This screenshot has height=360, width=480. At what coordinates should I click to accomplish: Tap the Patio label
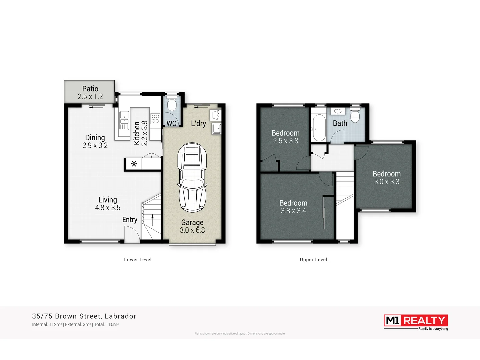pyautogui.click(x=90, y=89)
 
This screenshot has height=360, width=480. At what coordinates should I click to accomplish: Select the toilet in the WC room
pyautogui.click(x=172, y=105)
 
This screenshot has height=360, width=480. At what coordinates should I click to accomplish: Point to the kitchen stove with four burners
pyautogui.click(x=155, y=119)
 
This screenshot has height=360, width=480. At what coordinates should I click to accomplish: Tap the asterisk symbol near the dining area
pyautogui.click(x=134, y=164)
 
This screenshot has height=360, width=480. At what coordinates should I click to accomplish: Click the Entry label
pyautogui.click(x=130, y=220)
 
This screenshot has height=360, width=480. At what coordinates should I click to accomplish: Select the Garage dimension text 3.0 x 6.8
pyautogui.click(x=192, y=230)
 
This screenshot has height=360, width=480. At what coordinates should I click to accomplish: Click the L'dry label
pyautogui.click(x=198, y=123)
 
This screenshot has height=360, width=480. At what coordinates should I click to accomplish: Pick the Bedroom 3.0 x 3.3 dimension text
pyautogui.click(x=386, y=182)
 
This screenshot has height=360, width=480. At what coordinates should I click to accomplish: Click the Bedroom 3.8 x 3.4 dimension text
pyautogui.click(x=293, y=211)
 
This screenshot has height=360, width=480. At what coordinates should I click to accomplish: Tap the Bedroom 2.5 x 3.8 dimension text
pyautogui.click(x=285, y=141)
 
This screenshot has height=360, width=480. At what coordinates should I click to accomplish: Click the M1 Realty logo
pyautogui.click(x=416, y=321)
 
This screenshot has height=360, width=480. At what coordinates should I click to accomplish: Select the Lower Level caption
pyautogui.click(x=138, y=260)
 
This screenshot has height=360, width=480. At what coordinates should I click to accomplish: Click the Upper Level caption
pyautogui.click(x=313, y=260)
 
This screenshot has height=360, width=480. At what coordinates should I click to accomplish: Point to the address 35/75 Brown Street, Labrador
pyautogui.click(x=84, y=316)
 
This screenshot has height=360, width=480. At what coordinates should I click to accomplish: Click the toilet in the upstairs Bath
pyautogui.click(x=355, y=115)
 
